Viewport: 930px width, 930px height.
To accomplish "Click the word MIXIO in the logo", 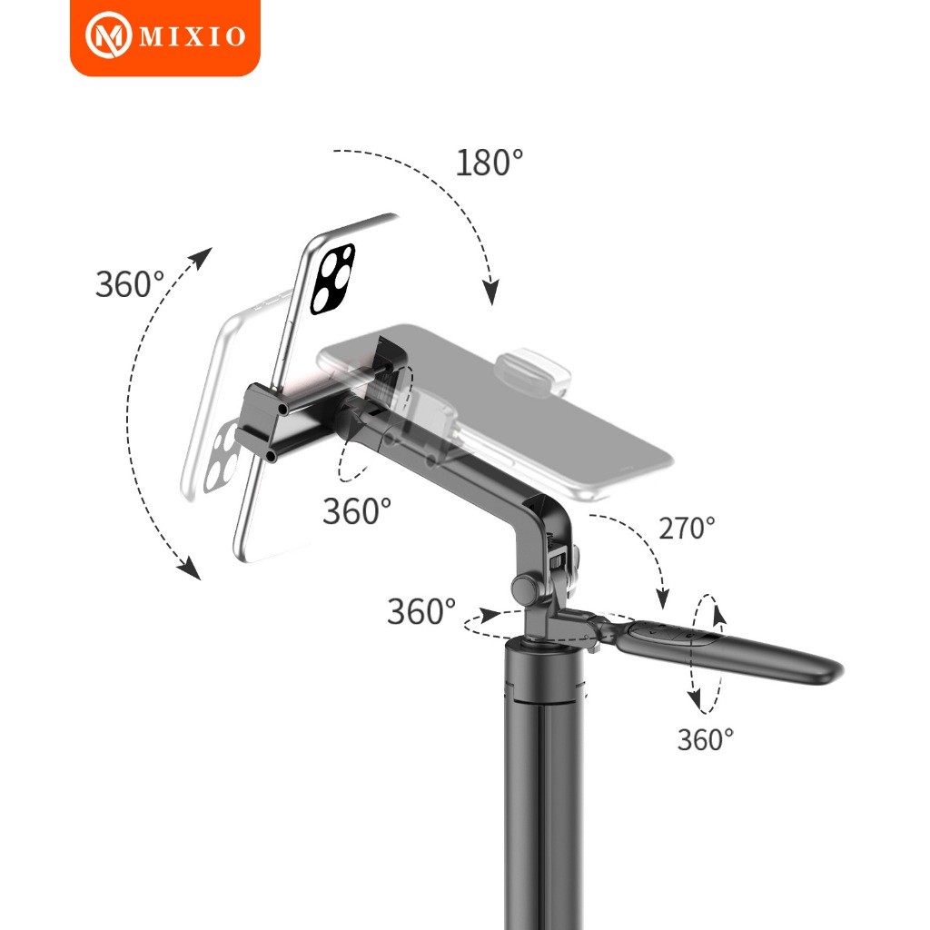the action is pyautogui.click(x=193, y=36).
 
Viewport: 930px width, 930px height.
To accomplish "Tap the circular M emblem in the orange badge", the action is pyautogui.click(x=109, y=35).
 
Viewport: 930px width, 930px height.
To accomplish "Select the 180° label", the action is pyautogui.click(x=490, y=163).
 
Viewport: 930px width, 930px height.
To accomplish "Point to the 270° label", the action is pyautogui.click(x=687, y=528).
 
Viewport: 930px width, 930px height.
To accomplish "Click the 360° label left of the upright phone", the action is pyautogui.click(x=129, y=284).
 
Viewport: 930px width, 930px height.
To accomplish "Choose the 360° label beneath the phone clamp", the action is pyautogui.click(x=356, y=510).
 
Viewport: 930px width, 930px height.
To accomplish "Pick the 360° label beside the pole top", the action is pyautogui.click(x=421, y=611).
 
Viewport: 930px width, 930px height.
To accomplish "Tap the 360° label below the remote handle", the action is pyautogui.click(x=705, y=739).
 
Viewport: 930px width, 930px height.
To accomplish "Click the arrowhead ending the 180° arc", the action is pyautogui.click(x=491, y=292).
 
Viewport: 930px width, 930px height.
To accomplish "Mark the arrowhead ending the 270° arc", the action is pyautogui.click(x=662, y=599).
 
